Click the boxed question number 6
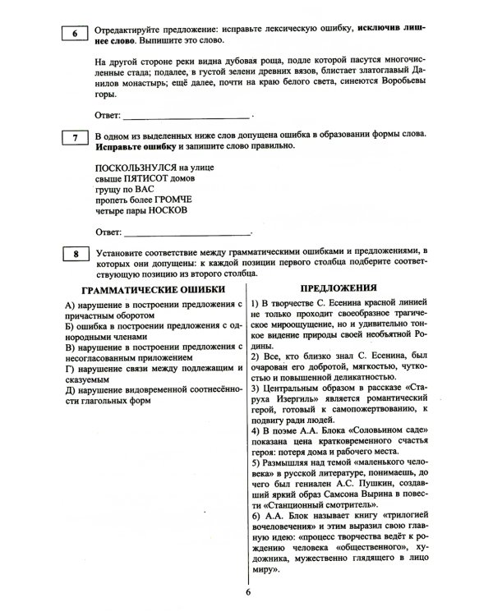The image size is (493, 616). tap(74, 34)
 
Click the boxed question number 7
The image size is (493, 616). tap(74, 138)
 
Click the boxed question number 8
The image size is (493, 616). tap(74, 255)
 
